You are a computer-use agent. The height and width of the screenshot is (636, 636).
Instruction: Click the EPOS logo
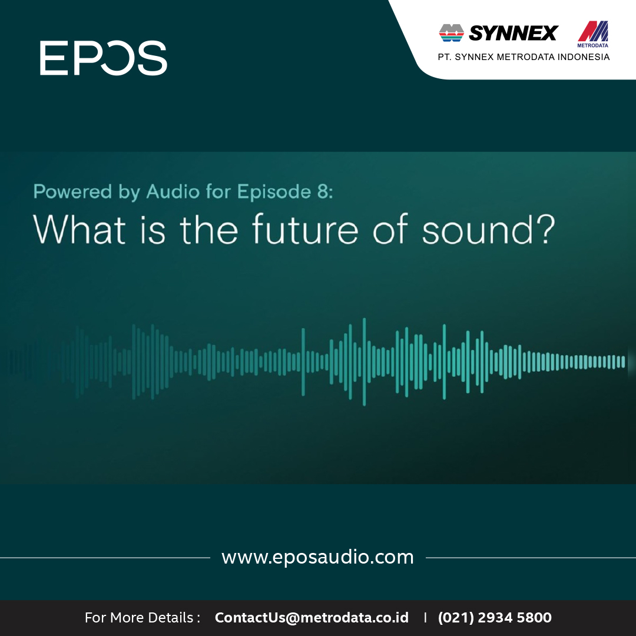pos(104,58)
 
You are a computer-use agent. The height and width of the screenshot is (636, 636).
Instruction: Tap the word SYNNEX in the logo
pos(514,33)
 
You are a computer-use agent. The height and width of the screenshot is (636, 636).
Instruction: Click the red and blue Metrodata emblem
pos(593,32)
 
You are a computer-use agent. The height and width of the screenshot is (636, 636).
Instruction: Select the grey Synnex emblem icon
pos(452,33)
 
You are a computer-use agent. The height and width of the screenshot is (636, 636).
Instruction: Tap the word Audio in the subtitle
pos(173,191)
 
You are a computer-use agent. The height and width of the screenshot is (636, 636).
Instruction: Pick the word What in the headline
pos(79,229)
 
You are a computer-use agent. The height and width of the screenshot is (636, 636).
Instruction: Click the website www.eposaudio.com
pos(317,557)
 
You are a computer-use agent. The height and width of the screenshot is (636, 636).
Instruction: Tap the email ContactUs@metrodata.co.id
pos(312,617)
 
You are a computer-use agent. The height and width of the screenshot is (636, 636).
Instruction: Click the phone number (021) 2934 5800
pos(495,617)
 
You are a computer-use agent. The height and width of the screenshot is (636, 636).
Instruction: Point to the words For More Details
pos(139,617)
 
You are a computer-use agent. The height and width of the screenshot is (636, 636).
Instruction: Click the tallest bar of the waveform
pos(365,362)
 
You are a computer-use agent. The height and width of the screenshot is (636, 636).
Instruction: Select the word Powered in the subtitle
pos(72,191)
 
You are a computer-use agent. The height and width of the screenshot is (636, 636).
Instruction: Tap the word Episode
pos(274,192)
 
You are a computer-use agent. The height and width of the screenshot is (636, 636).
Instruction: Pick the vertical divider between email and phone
pos(425,617)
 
